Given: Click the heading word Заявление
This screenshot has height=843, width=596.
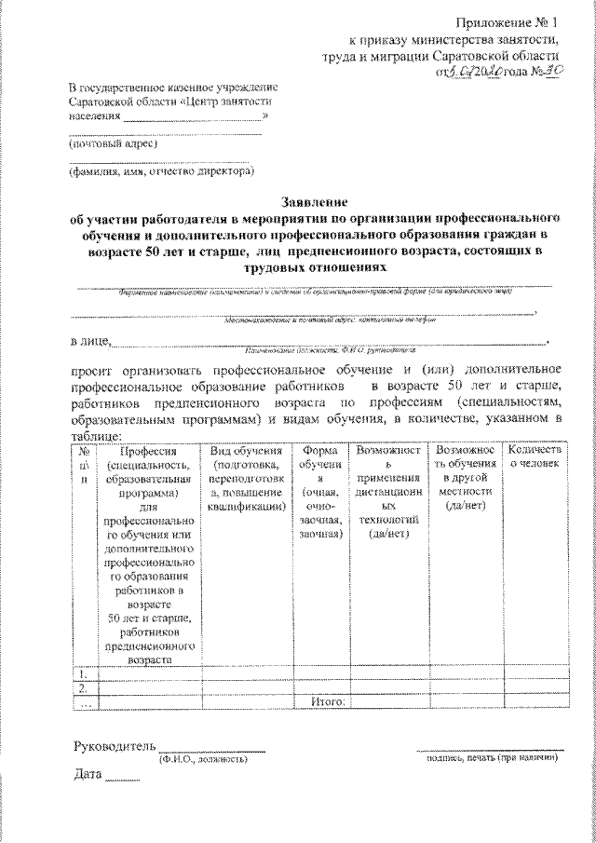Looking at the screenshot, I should click(x=314, y=201).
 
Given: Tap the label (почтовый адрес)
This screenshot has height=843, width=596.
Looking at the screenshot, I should click(x=107, y=143).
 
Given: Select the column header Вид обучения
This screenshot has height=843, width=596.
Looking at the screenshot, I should click(x=246, y=479).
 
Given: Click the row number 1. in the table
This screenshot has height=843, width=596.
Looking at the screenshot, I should click(x=84, y=673).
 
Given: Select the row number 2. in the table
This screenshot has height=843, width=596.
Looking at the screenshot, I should click(x=84, y=687).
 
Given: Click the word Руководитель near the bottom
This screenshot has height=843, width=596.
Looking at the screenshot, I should click(x=113, y=746).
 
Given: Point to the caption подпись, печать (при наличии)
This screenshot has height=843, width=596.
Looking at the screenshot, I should click(x=490, y=759).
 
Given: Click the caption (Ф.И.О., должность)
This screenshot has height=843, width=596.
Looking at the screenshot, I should click(x=202, y=759).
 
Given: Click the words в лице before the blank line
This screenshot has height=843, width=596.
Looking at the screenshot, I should click(x=89, y=341).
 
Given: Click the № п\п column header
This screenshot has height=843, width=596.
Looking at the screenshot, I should click(x=84, y=464).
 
